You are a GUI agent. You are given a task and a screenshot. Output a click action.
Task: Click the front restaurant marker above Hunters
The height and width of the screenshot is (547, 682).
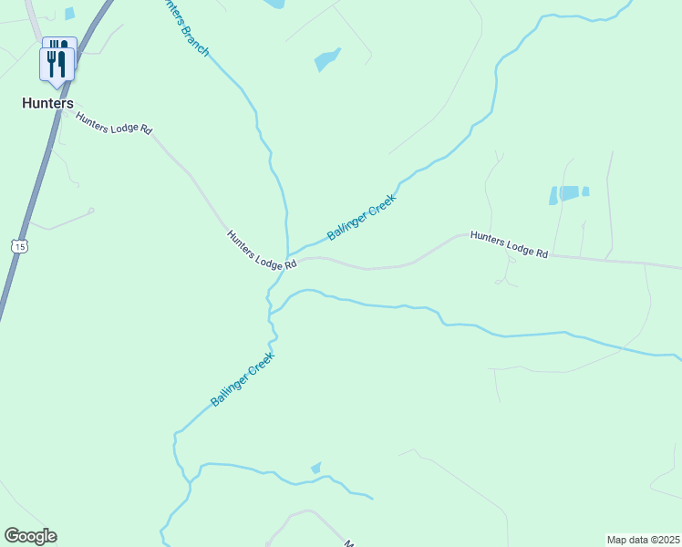pyautogui.click(x=58, y=64)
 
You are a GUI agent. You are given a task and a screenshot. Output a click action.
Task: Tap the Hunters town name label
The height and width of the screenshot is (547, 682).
pyautogui.click(x=47, y=104)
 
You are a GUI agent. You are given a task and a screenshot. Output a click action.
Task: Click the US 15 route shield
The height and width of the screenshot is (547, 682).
pyautogui.click(x=21, y=245)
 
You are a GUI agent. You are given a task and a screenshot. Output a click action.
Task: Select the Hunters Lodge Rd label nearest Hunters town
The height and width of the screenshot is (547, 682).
pyautogui.click(x=114, y=124)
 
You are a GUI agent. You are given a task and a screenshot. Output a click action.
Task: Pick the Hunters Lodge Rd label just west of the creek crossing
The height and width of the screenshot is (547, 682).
pyautogui.click(x=262, y=249)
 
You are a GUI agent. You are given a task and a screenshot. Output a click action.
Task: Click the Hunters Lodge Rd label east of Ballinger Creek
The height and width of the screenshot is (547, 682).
pyautogui.click(x=509, y=244)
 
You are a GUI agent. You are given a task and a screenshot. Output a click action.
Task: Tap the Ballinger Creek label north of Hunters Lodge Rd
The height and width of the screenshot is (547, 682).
pyautogui.click(x=362, y=217)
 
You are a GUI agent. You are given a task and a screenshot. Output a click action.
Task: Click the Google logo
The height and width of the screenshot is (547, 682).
pyautogui.click(x=30, y=536)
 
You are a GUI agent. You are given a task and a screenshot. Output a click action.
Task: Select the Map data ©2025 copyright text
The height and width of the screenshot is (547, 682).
pyautogui.click(x=643, y=540)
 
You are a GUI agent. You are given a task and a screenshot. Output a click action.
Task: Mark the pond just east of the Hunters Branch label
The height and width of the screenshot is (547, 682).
pyautogui.click(x=327, y=59)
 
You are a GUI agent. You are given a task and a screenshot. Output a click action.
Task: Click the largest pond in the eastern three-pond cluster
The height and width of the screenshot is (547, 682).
pyautogui.click(x=569, y=192)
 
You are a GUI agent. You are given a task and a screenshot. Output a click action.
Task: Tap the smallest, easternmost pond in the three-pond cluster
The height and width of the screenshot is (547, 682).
pyautogui.click(x=585, y=191)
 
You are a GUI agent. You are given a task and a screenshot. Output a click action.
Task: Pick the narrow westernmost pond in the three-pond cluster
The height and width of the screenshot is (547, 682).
pyautogui.click(x=553, y=195)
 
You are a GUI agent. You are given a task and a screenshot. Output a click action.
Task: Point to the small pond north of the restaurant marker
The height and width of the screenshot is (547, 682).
pyautogui.click(x=69, y=14)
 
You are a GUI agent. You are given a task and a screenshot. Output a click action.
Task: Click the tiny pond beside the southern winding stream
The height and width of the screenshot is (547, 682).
pyautogui.click(x=315, y=468)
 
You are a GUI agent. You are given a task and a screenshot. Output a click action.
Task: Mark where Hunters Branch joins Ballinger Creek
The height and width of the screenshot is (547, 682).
pyautogui.click(x=287, y=256)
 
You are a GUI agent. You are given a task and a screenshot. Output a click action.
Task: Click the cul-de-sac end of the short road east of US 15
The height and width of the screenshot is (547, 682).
pyautogui.click(x=91, y=211)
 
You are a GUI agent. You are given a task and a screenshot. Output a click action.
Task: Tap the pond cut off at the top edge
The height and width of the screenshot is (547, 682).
pyautogui.click(x=274, y=4)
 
